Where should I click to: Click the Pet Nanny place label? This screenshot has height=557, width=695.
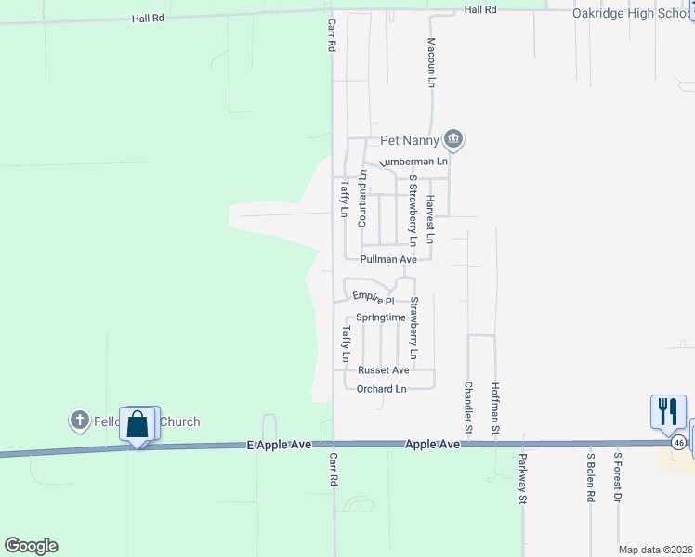409,141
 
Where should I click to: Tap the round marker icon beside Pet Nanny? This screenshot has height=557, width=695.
452,140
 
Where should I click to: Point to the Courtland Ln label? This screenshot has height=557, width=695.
363,199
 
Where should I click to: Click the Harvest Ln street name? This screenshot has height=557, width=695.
430,219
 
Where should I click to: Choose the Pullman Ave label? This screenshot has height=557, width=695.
388,260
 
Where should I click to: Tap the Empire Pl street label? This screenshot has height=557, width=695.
374,299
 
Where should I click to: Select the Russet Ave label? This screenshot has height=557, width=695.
384,369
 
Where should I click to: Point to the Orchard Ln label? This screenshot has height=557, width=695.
382,389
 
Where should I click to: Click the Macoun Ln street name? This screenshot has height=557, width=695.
431,63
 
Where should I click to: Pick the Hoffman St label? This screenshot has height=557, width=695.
496,408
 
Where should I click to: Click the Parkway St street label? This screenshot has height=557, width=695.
523,479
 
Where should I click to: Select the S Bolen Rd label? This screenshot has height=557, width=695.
590,477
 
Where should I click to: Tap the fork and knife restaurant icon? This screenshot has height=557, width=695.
668,411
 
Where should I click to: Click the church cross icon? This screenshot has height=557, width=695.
79,421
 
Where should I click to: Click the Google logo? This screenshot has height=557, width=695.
31,546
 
